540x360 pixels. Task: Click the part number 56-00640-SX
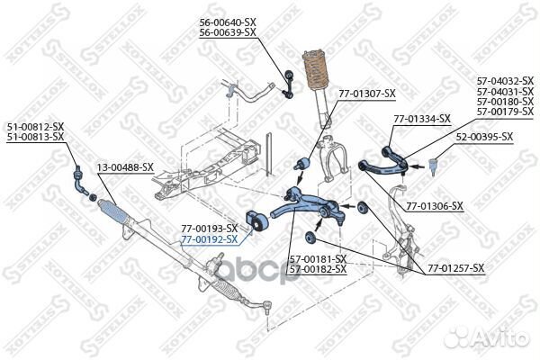click(x=227, y=22)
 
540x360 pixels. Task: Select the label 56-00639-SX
click(x=227, y=32)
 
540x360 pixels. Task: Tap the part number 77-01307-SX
click(x=366, y=93)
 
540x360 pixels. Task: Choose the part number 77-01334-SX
click(x=421, y=119)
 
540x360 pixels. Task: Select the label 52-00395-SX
click(x=483, y=137)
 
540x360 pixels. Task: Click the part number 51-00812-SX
click(x=36, y=127)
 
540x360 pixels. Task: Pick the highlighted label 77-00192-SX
click(x=209, y=239)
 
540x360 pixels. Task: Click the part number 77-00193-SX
click(x=209, y=229)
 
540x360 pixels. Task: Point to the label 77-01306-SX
click(x=434, y=206)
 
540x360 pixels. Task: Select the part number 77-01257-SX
click(x=455, y=268)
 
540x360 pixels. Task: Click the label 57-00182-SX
click(x=318, y=269)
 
